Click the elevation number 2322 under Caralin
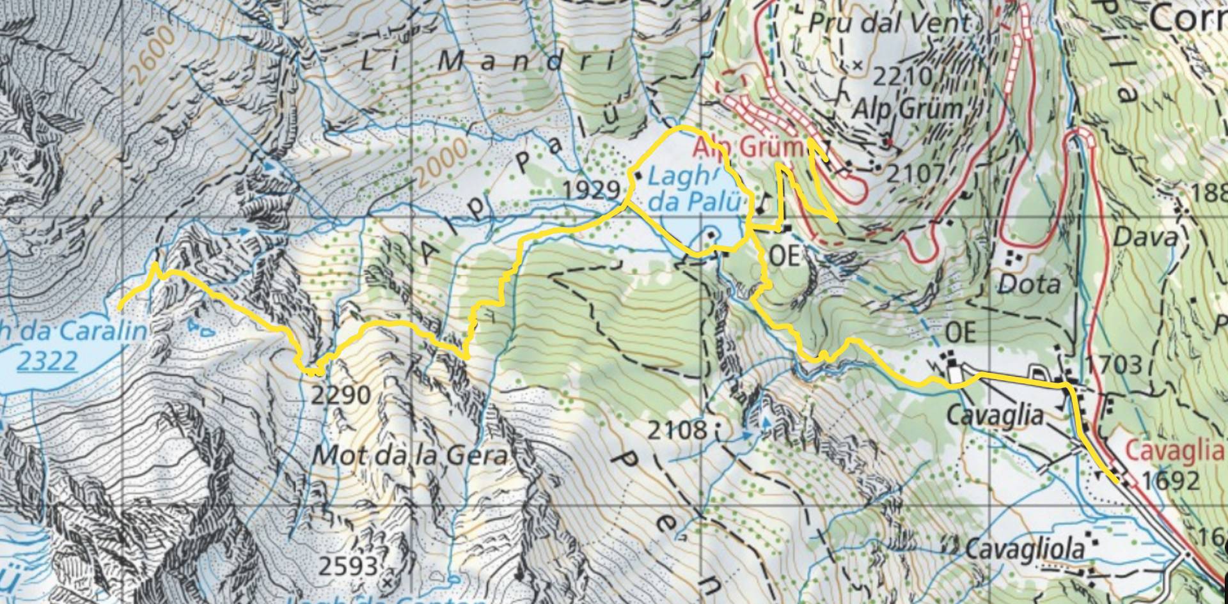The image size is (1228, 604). pyautogui.click(x=46, y=362)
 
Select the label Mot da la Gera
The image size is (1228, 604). pyautogui.click(x=410, y=456)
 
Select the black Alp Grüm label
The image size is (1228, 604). pyautogui.click(x=909, y=109)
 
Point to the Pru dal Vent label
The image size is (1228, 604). pyautogui.click(x=889, y=24)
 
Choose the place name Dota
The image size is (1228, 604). pyautogui.click(x=1028, y=284)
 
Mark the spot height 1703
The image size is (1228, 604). pyautogui.click(x=1114, y=365)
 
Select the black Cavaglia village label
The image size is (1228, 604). pyautogui.click(x=995, y=416)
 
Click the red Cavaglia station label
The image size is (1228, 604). pyautogui.click(x=1174, y=450)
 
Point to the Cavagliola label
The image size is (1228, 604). pyautogui.click(x=1025, y=548)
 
